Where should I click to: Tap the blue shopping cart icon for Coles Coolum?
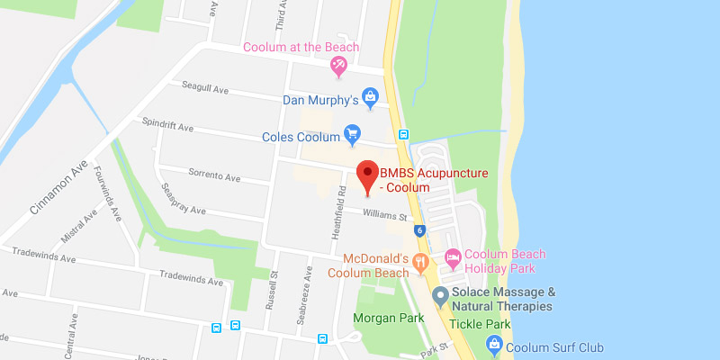coord(353,136)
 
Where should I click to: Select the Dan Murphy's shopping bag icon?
coord(368,94)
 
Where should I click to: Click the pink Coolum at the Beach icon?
coord(339,64)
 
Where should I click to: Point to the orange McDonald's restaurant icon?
coord(420,262)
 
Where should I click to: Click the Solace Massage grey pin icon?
coord(440,294)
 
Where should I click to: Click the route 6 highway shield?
coord(420,231)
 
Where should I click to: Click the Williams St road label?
coord(385,214)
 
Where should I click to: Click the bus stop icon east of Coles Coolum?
coord(404,135)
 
